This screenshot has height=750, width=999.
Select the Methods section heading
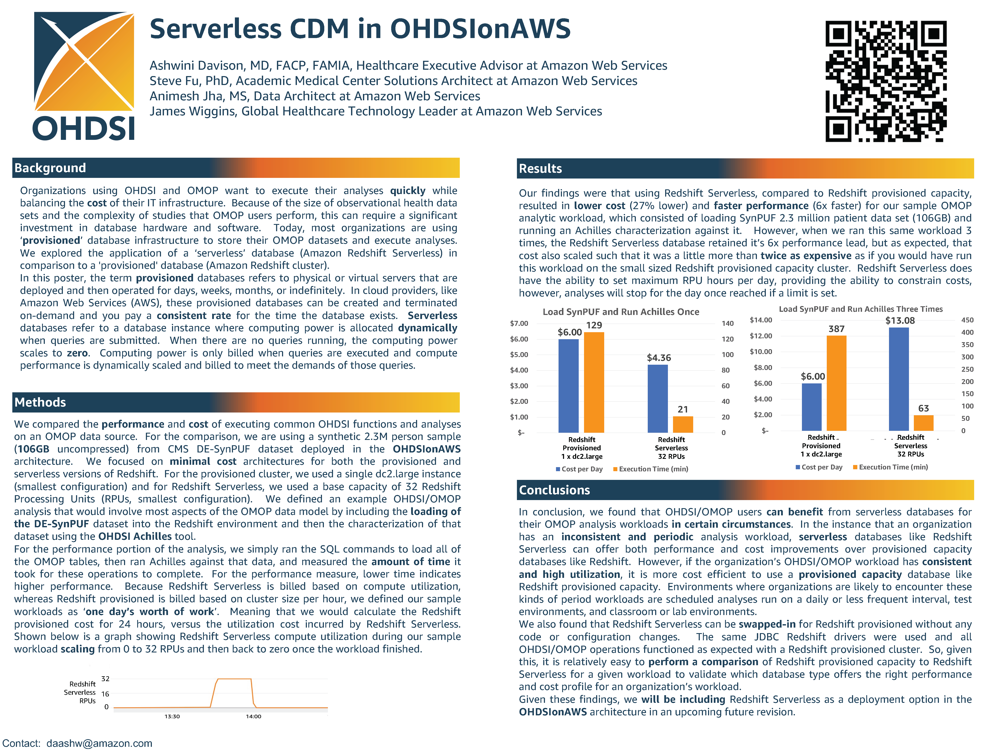click(x=40, y=402)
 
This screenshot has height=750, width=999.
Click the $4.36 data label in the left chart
click(x=659, y=358)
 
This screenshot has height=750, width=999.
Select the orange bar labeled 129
click(x=594, y=382)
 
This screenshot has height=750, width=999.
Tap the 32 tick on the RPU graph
click(x=105, y=679)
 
